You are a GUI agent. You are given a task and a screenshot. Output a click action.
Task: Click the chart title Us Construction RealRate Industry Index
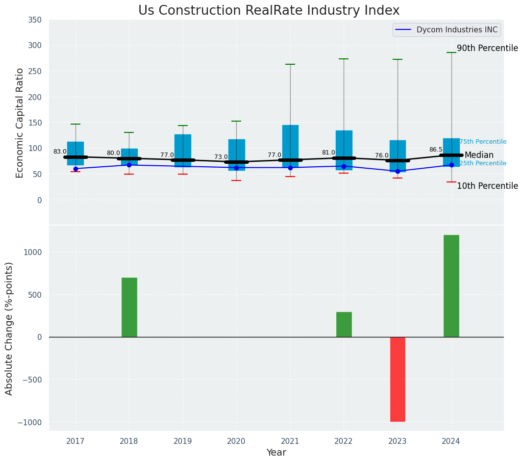[269, 11]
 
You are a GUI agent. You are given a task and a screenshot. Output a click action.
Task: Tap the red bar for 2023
[398, 379]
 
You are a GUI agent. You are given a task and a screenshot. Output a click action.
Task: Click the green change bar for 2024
[451, 286]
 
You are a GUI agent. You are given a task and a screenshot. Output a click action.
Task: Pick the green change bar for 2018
[129, 308]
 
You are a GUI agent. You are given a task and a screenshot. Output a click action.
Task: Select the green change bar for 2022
[344, 325]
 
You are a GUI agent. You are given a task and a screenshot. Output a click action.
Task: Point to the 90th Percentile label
[487, 48]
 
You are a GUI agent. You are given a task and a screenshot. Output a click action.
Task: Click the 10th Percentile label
[487, 186]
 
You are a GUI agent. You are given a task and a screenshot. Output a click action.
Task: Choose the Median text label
[479, 155]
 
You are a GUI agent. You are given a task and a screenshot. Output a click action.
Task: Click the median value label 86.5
[436, 150]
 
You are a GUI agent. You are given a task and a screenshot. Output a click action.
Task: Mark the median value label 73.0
[221, 157]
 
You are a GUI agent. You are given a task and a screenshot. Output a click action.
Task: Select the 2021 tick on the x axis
[290, 441]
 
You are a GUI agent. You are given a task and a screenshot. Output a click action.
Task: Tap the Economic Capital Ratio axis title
[20, 123]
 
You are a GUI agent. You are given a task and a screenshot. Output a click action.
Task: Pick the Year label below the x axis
[276, 453]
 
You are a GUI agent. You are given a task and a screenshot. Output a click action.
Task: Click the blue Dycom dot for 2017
[75, 169]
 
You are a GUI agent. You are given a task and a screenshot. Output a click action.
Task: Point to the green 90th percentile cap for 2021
[290, 64]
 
